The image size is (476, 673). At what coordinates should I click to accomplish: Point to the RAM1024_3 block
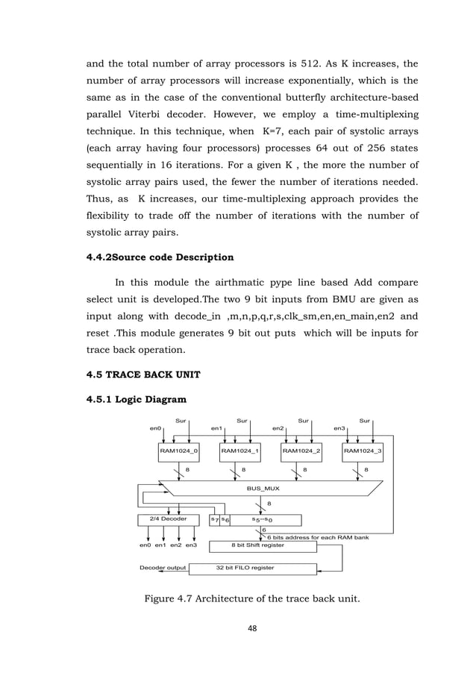point(363,451)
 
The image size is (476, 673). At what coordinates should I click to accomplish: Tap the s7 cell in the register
point(214,519)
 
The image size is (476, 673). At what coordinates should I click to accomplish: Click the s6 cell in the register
point(225,519)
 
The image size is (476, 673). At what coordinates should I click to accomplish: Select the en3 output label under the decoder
point(192,545)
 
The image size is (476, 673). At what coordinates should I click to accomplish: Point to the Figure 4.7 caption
point(237,597)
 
